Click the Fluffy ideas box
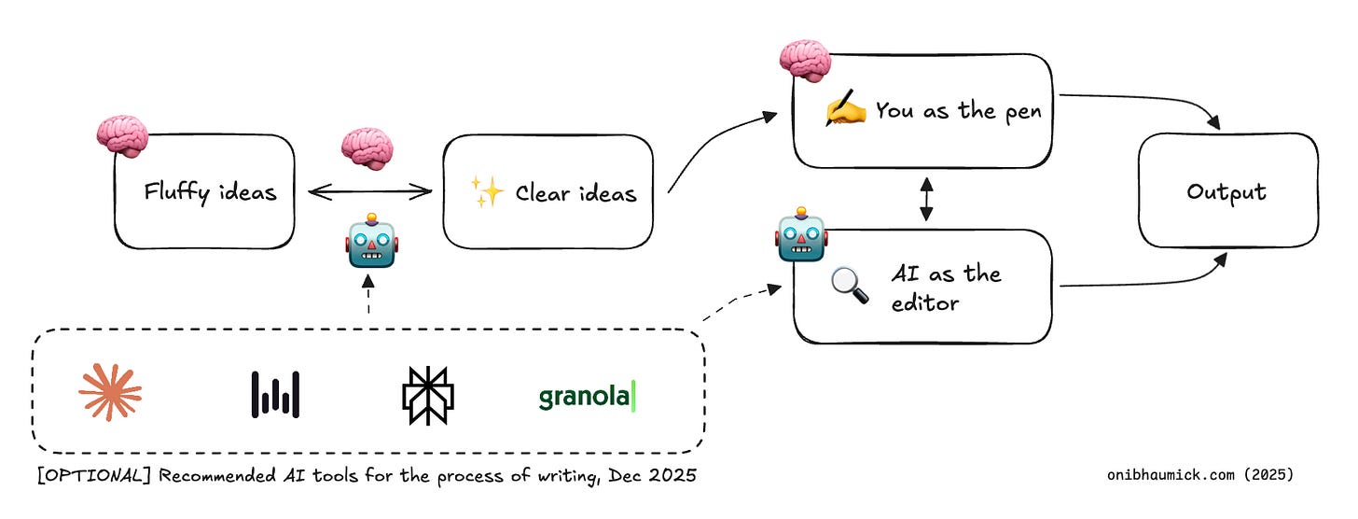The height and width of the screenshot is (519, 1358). tap(204, 192)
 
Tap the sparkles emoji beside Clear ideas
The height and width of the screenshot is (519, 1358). tap(488, 191)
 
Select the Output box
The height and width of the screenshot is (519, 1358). tap(1226, 192)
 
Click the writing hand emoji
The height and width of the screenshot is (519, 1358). tap(847, 110)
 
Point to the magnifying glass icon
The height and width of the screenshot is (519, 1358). tap(849, 285)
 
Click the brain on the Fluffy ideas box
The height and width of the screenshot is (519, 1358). tap(122, 136)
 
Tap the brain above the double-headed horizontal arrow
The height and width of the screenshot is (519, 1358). tap(367, 149)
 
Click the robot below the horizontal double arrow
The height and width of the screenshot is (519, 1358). tap(371, 242)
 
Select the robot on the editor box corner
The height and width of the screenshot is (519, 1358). tap(800, 238)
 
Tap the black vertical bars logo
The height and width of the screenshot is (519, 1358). tap(275, 394)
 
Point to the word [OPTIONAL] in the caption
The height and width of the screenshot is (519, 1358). tap(90, 476)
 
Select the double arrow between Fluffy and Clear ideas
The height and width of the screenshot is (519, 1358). tap(370, 192)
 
